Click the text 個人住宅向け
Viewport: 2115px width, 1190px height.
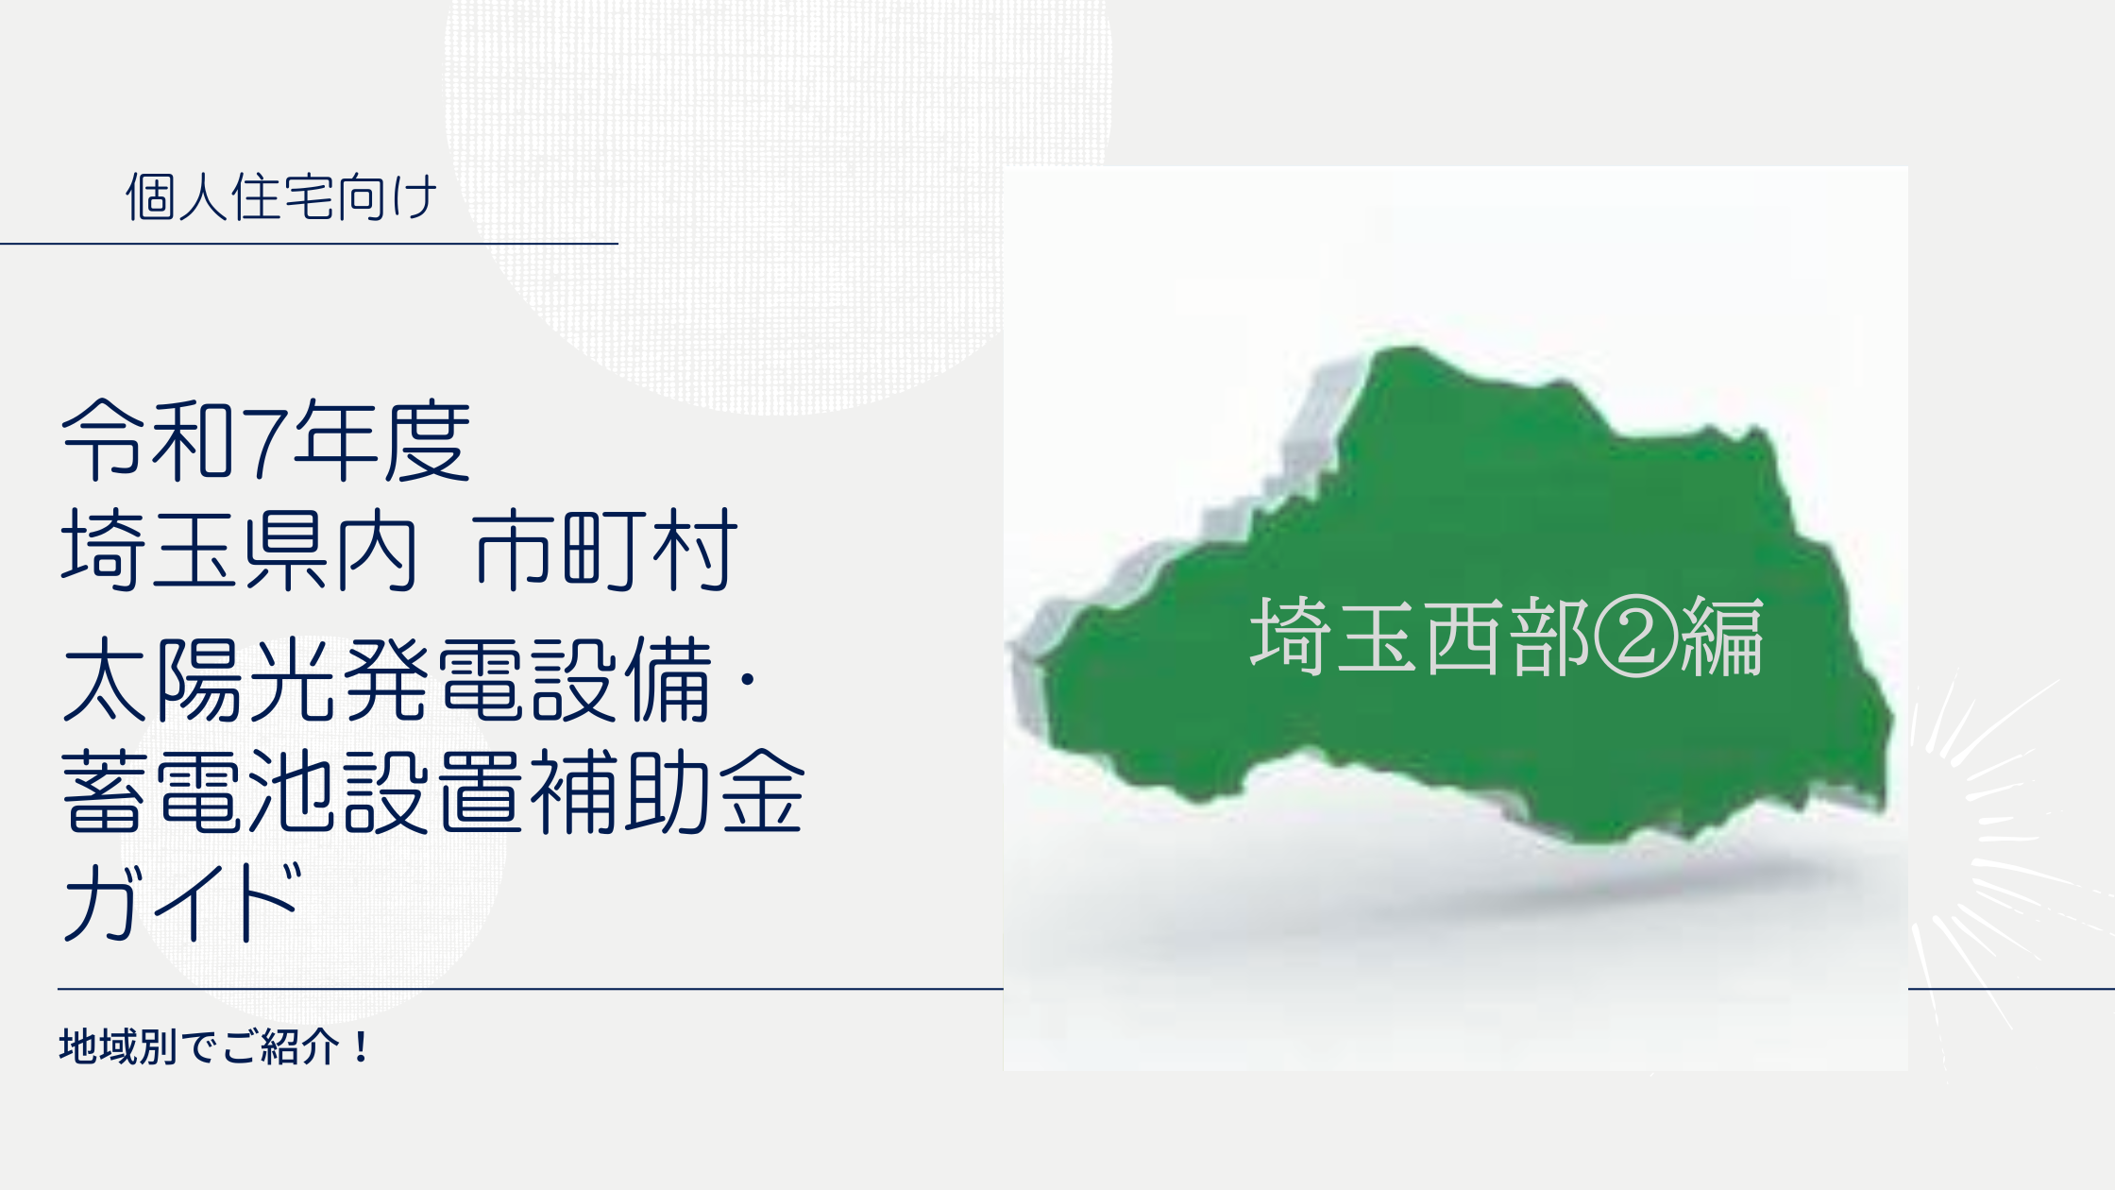click(x=281, y=197)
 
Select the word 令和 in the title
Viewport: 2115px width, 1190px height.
click(x=148, y=440)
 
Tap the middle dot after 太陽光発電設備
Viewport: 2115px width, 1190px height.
click(x=748, y=679)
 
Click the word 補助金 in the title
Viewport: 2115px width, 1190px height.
click(x=667, y=791)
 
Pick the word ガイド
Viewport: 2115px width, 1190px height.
click(x=183, y=903)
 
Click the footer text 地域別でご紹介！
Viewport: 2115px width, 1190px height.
click(x=216, y=1046)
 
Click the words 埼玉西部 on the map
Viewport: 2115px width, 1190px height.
click(x=1421, y=636)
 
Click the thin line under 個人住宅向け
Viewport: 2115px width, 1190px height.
click(x=309, y=244)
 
